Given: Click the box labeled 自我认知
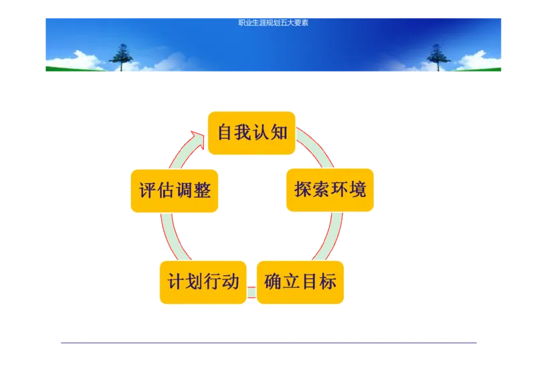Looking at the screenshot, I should [251, 133].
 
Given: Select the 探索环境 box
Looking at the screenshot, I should [330, 190].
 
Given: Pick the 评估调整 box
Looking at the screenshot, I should [175, 191].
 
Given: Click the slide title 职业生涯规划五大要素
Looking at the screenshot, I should [273, 23].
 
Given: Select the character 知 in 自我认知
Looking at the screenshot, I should [279, 132].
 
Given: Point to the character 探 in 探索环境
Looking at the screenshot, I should [304, 190].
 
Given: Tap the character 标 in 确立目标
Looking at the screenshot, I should [328, 282].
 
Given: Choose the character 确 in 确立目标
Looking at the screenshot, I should [274, 282].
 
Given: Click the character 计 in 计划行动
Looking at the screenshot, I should [177, 282].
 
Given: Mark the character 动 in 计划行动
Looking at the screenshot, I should [230, 282].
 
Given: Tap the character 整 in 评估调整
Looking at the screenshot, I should [201, 191].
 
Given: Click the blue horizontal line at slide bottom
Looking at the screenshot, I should [270, 344].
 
